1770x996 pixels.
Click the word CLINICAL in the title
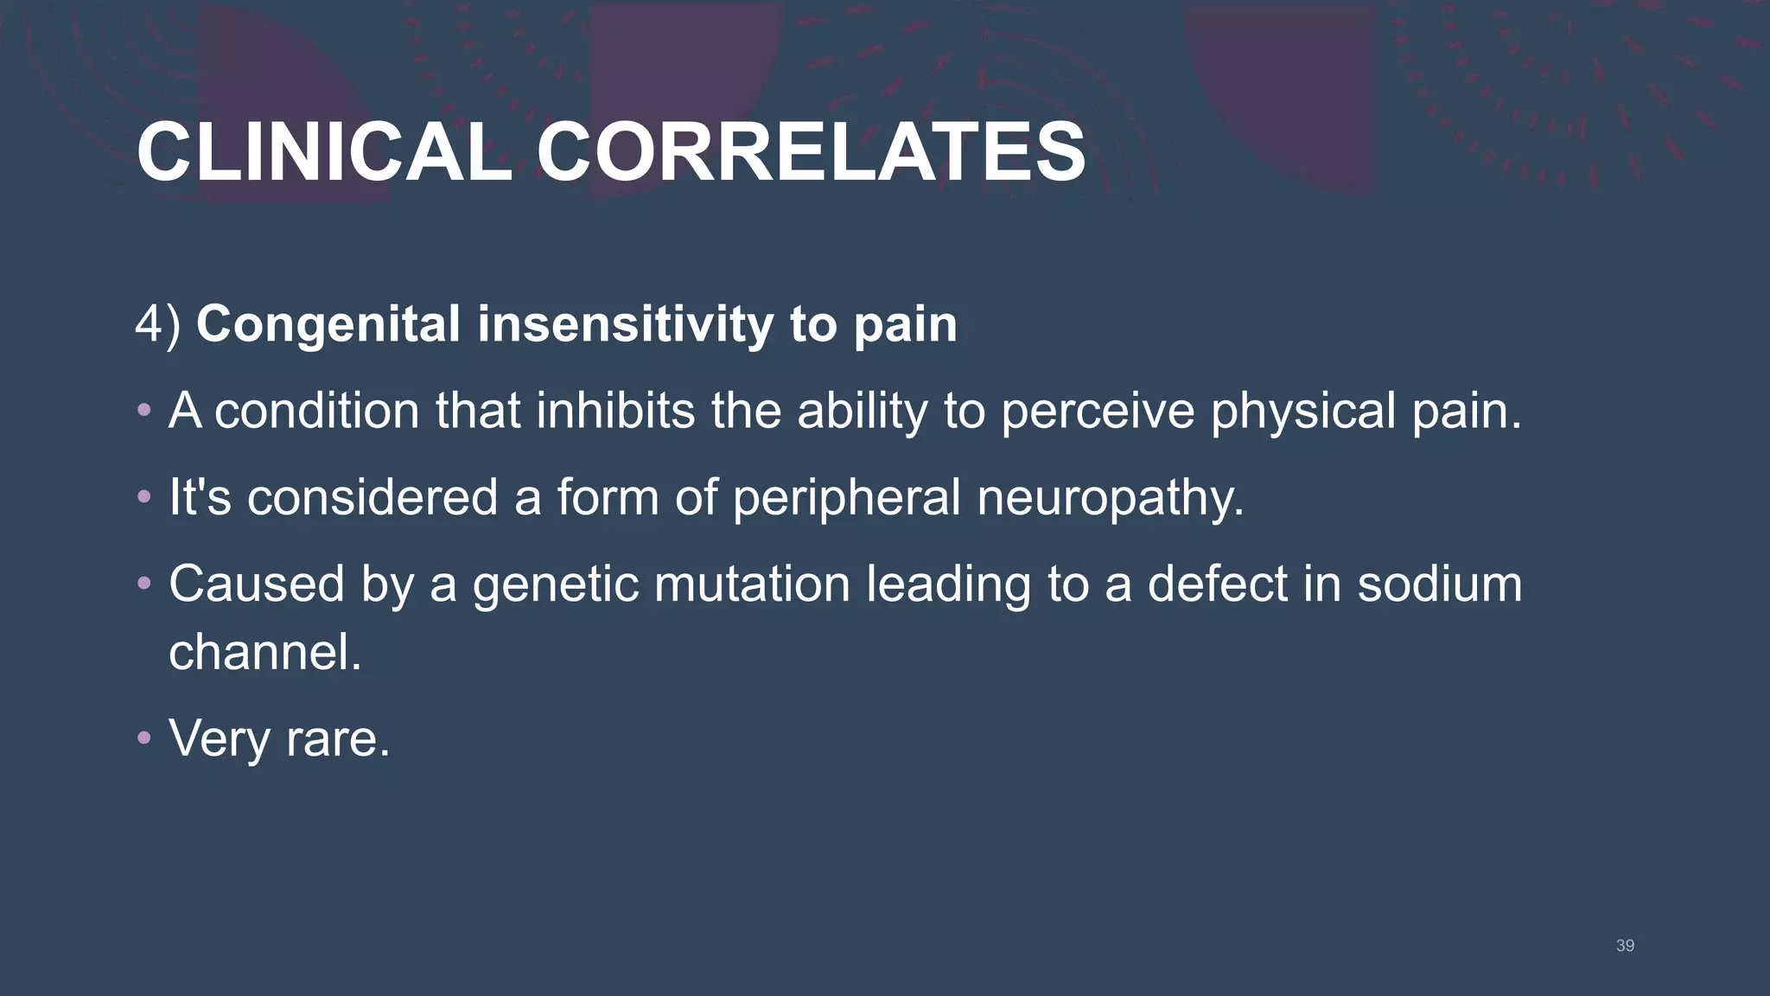click(x=324, y=152)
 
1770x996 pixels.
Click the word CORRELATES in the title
click(x=810, y=152)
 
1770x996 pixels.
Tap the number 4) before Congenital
click(x=158, y=324)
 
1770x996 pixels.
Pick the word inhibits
click(x=615, y=411)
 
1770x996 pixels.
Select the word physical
click(x=1303, y=412)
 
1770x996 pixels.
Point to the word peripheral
click(x=846, y=499)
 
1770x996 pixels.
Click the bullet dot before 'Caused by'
click(x=144, y=584)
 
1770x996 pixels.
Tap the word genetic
click(x=556, y=585)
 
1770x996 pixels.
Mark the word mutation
click(x=752, y=584)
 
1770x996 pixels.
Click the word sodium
click(x=1439, y=584)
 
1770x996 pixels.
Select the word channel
click(x=264, y=652)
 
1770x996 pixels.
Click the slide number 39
click(x=1625, y=946)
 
